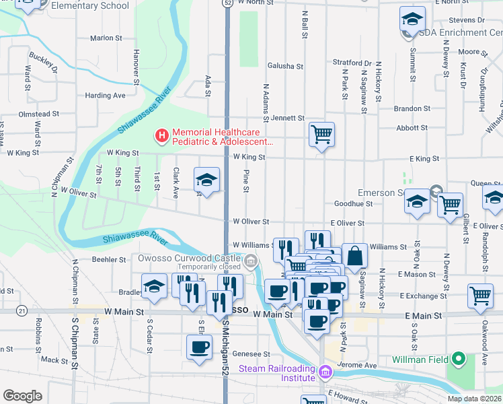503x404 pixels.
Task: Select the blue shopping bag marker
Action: tap(355, 256)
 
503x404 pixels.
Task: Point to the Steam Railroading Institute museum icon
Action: tap(325, 372)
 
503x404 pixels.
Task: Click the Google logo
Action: tap(22, 396)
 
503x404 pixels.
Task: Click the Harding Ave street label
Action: tap(106, 96)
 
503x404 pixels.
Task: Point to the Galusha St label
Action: tap(286, 66)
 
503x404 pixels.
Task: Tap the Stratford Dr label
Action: tap(352, 63)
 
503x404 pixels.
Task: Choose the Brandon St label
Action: tap(412, 108)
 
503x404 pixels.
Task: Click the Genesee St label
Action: tap(251, 353)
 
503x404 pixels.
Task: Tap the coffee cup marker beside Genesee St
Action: tap(198, 347)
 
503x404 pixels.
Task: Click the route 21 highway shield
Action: tap(23, 310)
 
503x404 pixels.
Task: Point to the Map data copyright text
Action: tap(475, 399)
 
